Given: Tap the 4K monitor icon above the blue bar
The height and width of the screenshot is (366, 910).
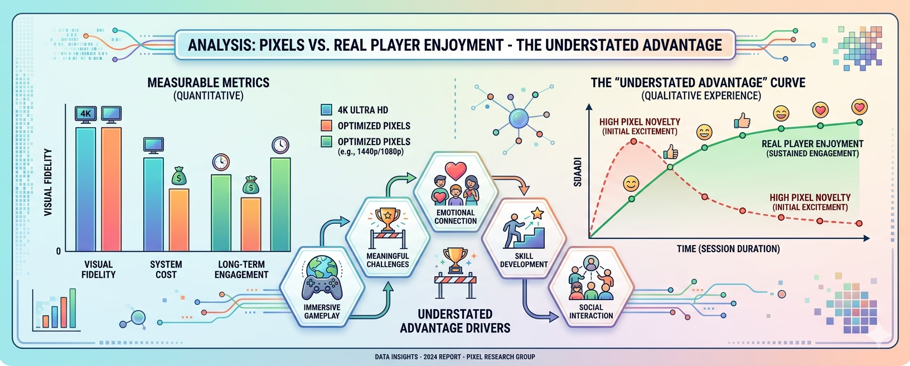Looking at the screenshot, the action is click(x=85, y=114).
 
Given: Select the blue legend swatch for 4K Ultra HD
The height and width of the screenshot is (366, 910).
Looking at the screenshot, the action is click(x=327, y=110).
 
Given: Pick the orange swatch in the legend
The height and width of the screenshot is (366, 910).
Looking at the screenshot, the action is click(x=327, y=126).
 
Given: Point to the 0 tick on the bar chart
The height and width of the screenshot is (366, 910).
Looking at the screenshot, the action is click(x=59, y=251).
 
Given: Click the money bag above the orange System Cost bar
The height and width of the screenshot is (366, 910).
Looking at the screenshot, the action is click(x=179, y=177).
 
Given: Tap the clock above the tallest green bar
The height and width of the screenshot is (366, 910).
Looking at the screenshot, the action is click(x=280, y=146).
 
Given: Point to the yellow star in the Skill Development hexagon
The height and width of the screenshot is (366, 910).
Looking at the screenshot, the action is click(x=537, y=213).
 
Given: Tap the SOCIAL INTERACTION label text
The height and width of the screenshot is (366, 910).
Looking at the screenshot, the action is click(x=590, y=311).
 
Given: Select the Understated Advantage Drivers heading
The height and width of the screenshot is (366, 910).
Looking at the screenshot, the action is click(x=455, y=321).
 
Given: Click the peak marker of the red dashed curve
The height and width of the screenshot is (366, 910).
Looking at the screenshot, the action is click(x=633, y=142).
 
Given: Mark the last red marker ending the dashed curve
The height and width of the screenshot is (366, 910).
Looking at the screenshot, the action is click(x=859, y=223).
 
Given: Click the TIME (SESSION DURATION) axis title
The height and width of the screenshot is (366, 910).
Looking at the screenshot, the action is click(x=728, y=249).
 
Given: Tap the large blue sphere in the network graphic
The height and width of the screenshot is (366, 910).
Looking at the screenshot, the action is click(x=519, y=118).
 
